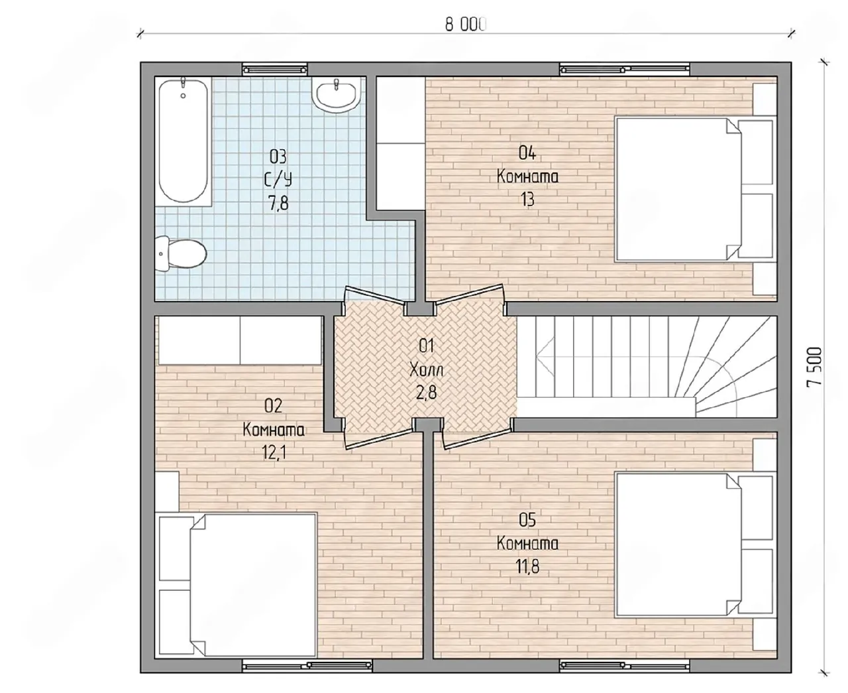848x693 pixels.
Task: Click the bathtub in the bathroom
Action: point(184,141)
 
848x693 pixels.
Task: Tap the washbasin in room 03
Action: point(337,95)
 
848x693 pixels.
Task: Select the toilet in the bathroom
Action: point(181,253)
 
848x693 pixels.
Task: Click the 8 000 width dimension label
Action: point(466,25)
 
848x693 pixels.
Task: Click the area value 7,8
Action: point(278,203)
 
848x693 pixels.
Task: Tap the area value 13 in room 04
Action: point(527,199)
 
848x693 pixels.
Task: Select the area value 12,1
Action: point(274,453)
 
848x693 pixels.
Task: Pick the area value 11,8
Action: point(527,567)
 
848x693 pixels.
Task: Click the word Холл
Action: point(426,369)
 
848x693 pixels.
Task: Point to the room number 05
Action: point(527,521)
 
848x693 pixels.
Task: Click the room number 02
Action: point(274,406)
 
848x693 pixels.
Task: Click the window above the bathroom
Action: point(275,69)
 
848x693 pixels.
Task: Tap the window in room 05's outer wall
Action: point(625,666)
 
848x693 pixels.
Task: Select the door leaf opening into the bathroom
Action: point(376,294)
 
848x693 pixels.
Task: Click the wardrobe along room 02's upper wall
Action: point(240,340)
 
